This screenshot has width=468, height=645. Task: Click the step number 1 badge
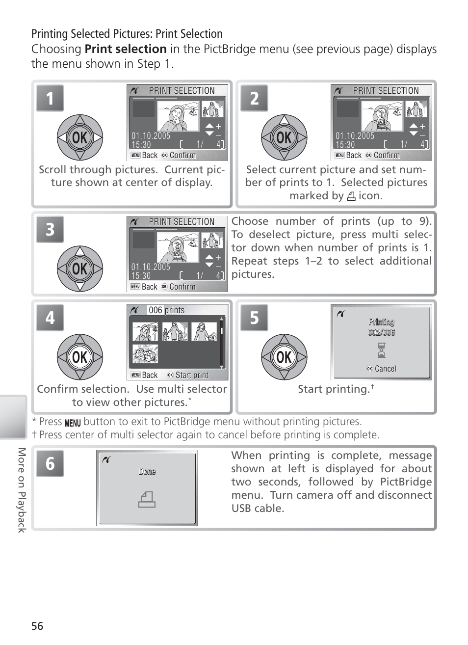50,98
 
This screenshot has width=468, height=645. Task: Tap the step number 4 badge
50,318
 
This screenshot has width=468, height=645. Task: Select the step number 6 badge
50,463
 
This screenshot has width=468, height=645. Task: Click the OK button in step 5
284,357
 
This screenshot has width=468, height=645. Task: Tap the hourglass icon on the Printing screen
381,350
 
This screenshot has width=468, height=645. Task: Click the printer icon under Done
147,499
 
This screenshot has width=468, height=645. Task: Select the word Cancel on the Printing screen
386,369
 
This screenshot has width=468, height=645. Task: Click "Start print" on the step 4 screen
192,375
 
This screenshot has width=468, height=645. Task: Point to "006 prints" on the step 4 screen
167,310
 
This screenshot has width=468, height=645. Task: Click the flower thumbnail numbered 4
145,354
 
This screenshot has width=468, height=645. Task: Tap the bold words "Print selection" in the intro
126,49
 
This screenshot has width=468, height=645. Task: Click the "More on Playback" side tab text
22,490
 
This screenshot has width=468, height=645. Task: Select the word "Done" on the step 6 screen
147,472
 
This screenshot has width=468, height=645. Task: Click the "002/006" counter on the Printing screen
381,332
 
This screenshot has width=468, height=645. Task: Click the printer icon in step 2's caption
351,196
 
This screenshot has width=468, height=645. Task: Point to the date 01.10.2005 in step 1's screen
151,135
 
